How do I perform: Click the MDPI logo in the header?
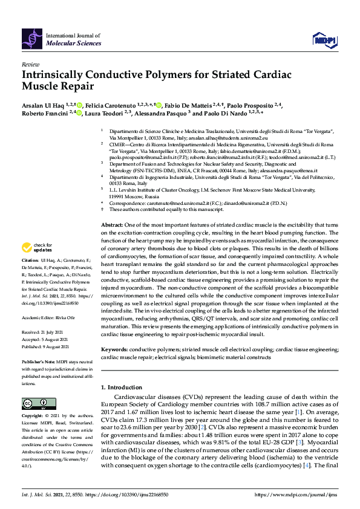tap(324, 40)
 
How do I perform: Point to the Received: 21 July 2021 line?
tap(45, 332)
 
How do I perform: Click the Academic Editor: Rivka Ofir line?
tap(51, 316)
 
